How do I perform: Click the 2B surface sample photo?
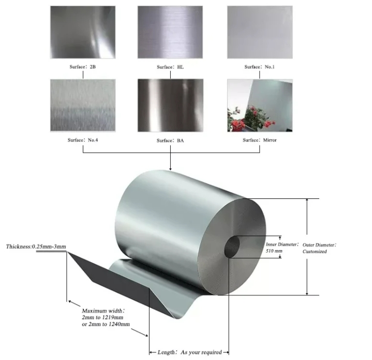click(x=83, y=32)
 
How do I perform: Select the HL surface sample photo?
click(x=170, y=32)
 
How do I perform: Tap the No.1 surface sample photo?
click(x=260, y=32)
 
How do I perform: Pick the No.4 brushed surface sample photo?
click(x=83, y=106)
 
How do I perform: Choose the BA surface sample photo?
click(x=170, y=106)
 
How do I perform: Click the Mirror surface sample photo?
click(x=260, y=106)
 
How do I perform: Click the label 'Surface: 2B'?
click(x=83, y=67)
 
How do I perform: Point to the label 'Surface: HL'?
click(x=170, y=67)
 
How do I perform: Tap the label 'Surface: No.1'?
click(x=260, y=67)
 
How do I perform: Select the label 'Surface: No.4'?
click(x=83, y=140)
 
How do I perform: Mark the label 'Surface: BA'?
click(x=170, y=140)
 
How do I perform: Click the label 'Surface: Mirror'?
click(x=260, y=140)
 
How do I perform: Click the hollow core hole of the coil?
click(x=232, y=247)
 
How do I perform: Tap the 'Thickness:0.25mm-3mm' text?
click(x=36, y=247)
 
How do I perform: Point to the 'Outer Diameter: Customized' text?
click(x=319, y=248)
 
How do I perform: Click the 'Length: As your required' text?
click(x=189, y=352)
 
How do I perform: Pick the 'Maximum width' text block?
click(x=106, y=318)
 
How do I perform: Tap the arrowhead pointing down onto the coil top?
click(x=170, y=169)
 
